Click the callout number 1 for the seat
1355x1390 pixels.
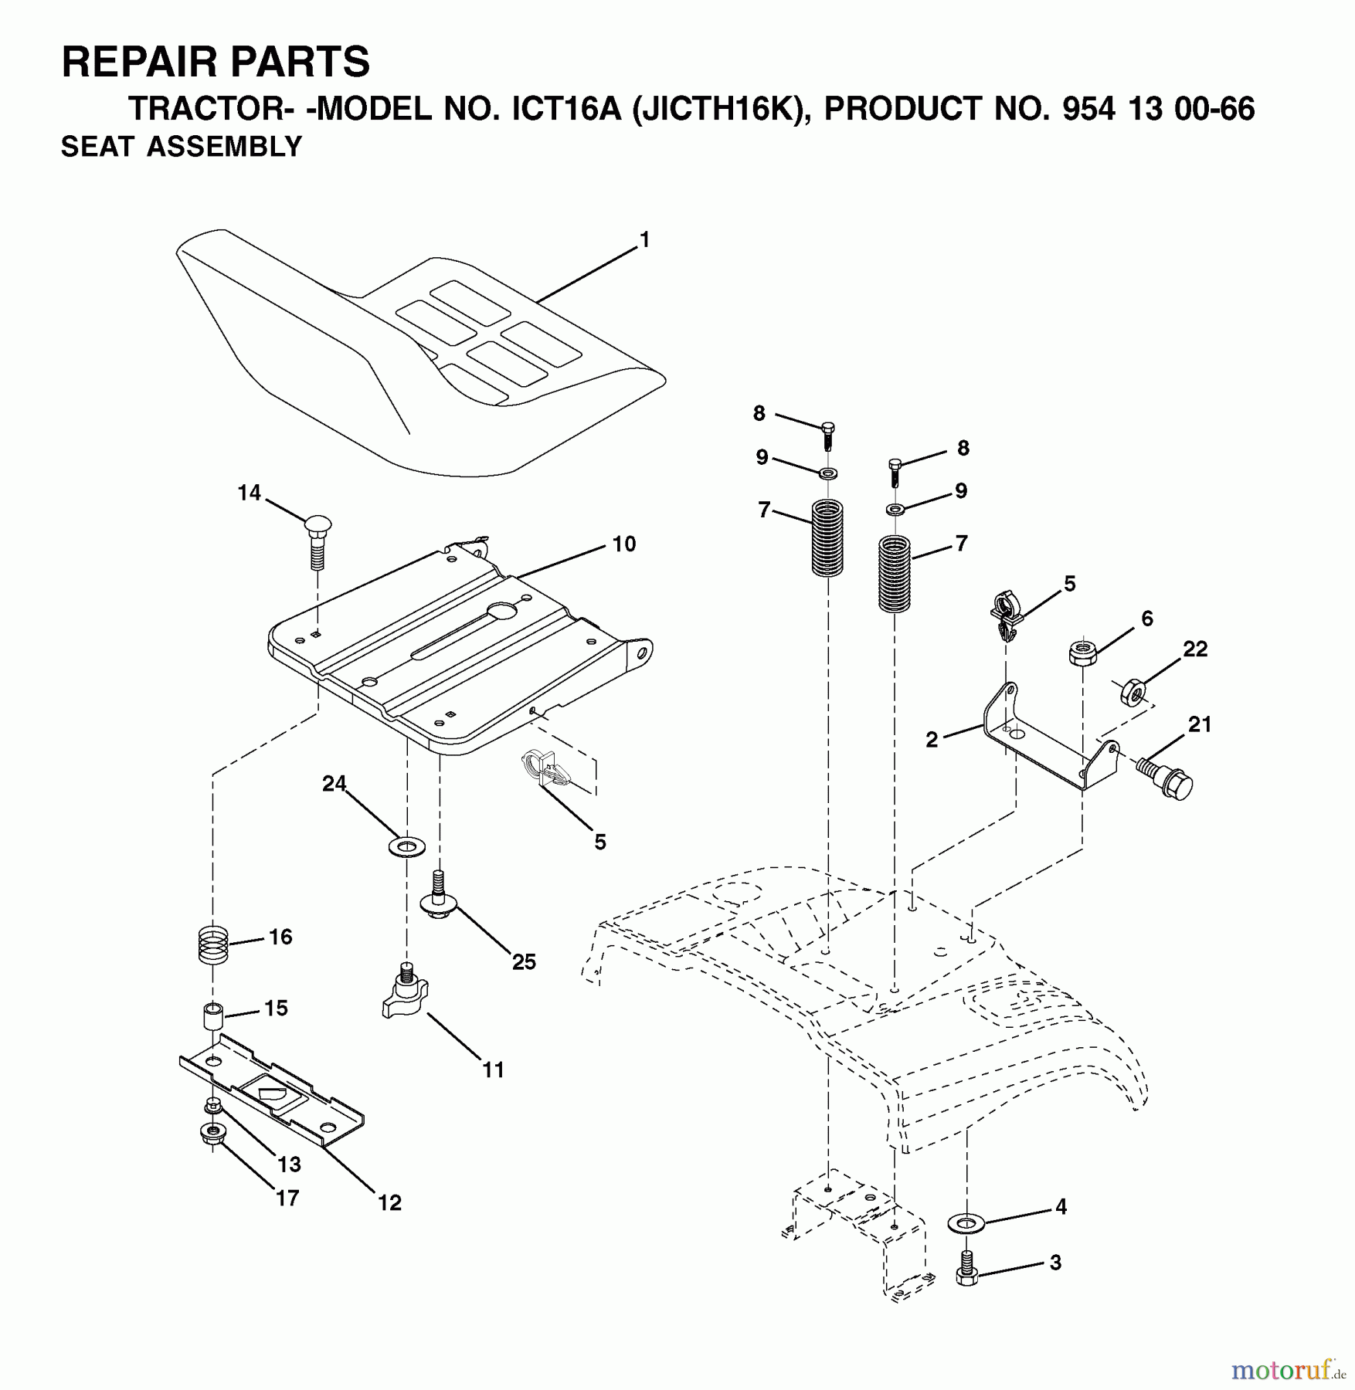pyautogui.click(x=644, y=240)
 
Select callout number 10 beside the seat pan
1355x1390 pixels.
pyautogui.click(x=624, y=544)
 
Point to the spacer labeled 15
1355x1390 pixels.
pyautogui.click(x=212, y=1015)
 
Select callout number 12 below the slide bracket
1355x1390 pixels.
pyautogui.click(x=389, y=1202)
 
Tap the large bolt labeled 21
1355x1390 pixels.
pyautogui.click(x=1166, y=778)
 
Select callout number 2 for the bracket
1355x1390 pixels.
pyautogui.click(x=932, y=740)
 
